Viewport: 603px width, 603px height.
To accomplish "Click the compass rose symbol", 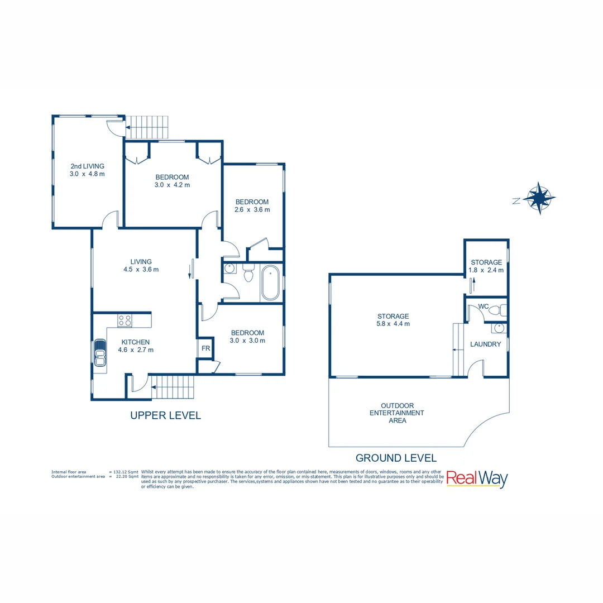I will (x=539, y=198).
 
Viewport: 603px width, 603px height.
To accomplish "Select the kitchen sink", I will (x=100, y=353).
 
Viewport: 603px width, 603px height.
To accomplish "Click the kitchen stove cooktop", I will (x=125, y=320).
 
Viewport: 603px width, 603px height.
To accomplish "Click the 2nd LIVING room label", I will (x=87, y=166).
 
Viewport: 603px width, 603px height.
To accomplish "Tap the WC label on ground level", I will (x=484, y=307).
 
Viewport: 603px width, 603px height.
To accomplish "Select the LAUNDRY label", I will (x=485, y=344).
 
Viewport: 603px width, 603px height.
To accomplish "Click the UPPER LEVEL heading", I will (x=165, y=415).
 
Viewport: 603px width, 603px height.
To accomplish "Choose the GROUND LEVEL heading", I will (x=396, y=458).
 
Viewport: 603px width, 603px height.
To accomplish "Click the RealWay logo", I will (x=476, y=479).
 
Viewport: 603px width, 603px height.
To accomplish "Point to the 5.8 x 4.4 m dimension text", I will (x=393, y=324).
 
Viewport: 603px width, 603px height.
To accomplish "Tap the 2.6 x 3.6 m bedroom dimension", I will (x=252, y=210).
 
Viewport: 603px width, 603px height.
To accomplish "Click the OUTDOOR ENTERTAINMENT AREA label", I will (x=398, y=413).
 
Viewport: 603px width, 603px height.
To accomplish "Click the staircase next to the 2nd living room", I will (x=146, y=127).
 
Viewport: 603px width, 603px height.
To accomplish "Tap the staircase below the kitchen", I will (x=173, y=387).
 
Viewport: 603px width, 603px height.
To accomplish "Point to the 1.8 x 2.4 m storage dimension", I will (x=486, y=270).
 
